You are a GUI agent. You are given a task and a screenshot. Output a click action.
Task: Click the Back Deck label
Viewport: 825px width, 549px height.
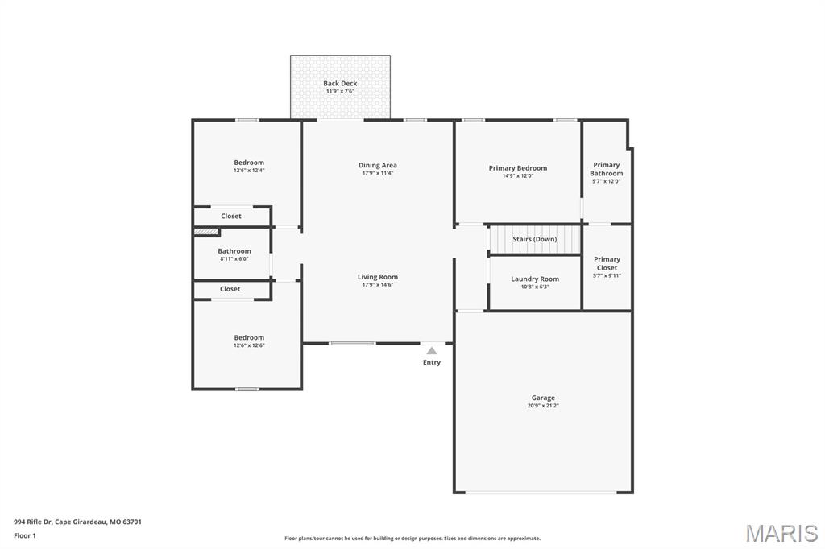(340, 84)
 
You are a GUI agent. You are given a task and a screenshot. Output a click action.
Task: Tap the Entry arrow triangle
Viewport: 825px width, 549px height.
(432, 350)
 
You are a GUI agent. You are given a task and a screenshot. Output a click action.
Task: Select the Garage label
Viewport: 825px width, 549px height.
(543, 398)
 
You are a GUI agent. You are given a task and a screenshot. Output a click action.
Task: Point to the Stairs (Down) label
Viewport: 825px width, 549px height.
(535, 239)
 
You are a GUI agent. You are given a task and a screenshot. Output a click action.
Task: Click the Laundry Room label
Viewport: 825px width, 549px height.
(535, 279)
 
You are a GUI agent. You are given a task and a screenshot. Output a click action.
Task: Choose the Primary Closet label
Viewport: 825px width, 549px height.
(607, 263)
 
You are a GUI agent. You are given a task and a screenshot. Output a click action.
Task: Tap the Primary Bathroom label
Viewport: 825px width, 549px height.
(606, 169)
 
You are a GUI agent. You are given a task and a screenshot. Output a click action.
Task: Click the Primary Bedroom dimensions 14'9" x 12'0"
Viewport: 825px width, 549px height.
(517, 175)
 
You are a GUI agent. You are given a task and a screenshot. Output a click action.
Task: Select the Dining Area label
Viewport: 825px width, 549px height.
(378, 165)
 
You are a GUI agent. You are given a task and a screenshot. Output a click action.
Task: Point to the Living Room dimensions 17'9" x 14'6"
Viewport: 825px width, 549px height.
(378, 284)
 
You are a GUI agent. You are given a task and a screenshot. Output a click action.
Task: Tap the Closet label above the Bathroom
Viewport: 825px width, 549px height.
(231, 216)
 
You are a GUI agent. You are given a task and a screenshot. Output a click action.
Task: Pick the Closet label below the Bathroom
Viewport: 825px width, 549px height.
(230, 289)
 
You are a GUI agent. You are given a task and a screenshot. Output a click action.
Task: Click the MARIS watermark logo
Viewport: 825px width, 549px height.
(781, 533)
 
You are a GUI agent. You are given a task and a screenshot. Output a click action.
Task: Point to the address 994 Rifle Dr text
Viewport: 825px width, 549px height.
(77, 522)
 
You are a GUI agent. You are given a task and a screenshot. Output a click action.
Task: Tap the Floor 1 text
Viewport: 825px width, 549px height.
(25, 535)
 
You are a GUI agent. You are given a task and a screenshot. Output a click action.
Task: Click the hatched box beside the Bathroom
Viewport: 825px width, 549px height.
(207, 232)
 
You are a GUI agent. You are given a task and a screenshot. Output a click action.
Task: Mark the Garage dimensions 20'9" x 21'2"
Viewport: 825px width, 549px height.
(543, 406)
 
